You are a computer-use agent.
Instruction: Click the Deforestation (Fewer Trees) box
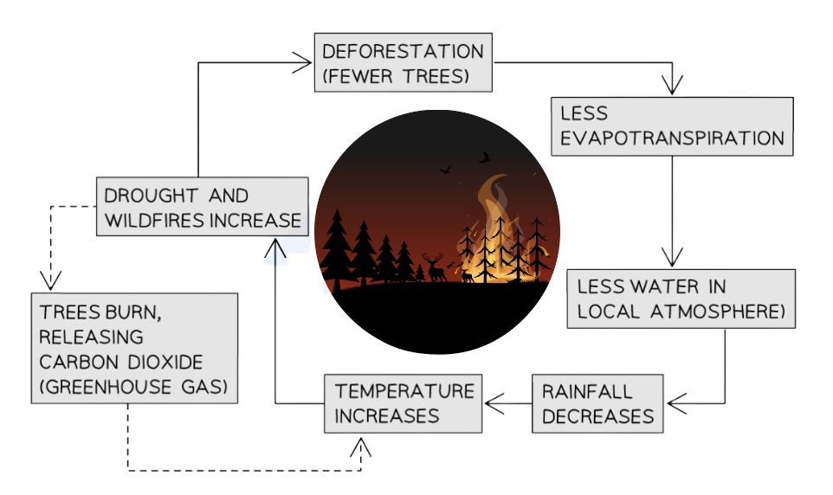(x=403, y=62)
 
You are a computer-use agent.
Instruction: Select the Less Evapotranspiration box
(x=671, y=125)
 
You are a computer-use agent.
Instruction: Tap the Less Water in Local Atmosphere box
(x=680, y=299)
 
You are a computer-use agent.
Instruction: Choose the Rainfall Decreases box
(x=597, y=403)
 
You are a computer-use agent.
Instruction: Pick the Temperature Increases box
(x=404, y=403)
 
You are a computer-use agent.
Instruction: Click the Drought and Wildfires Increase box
(x=203, y=207)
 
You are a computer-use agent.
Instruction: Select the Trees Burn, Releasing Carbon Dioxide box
(x=134, y=347)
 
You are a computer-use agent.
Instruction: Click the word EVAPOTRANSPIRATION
(x=672, y=138)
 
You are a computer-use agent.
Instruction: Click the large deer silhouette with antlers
(x=434, y=267)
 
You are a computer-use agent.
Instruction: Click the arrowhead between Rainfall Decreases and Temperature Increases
(x=494, y=403)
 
